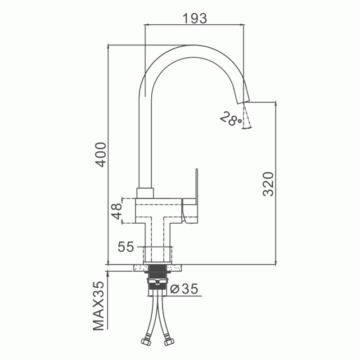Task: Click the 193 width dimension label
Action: point(195,18)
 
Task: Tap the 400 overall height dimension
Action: point(101,154)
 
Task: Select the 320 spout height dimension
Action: point(268,184)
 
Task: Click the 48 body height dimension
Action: point(117,211)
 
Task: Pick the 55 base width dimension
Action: point(126,247)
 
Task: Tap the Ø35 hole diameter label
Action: point(184,288)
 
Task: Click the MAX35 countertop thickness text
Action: point(99,306)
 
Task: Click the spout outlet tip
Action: point(243,103)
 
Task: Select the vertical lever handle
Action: point(197,186)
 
